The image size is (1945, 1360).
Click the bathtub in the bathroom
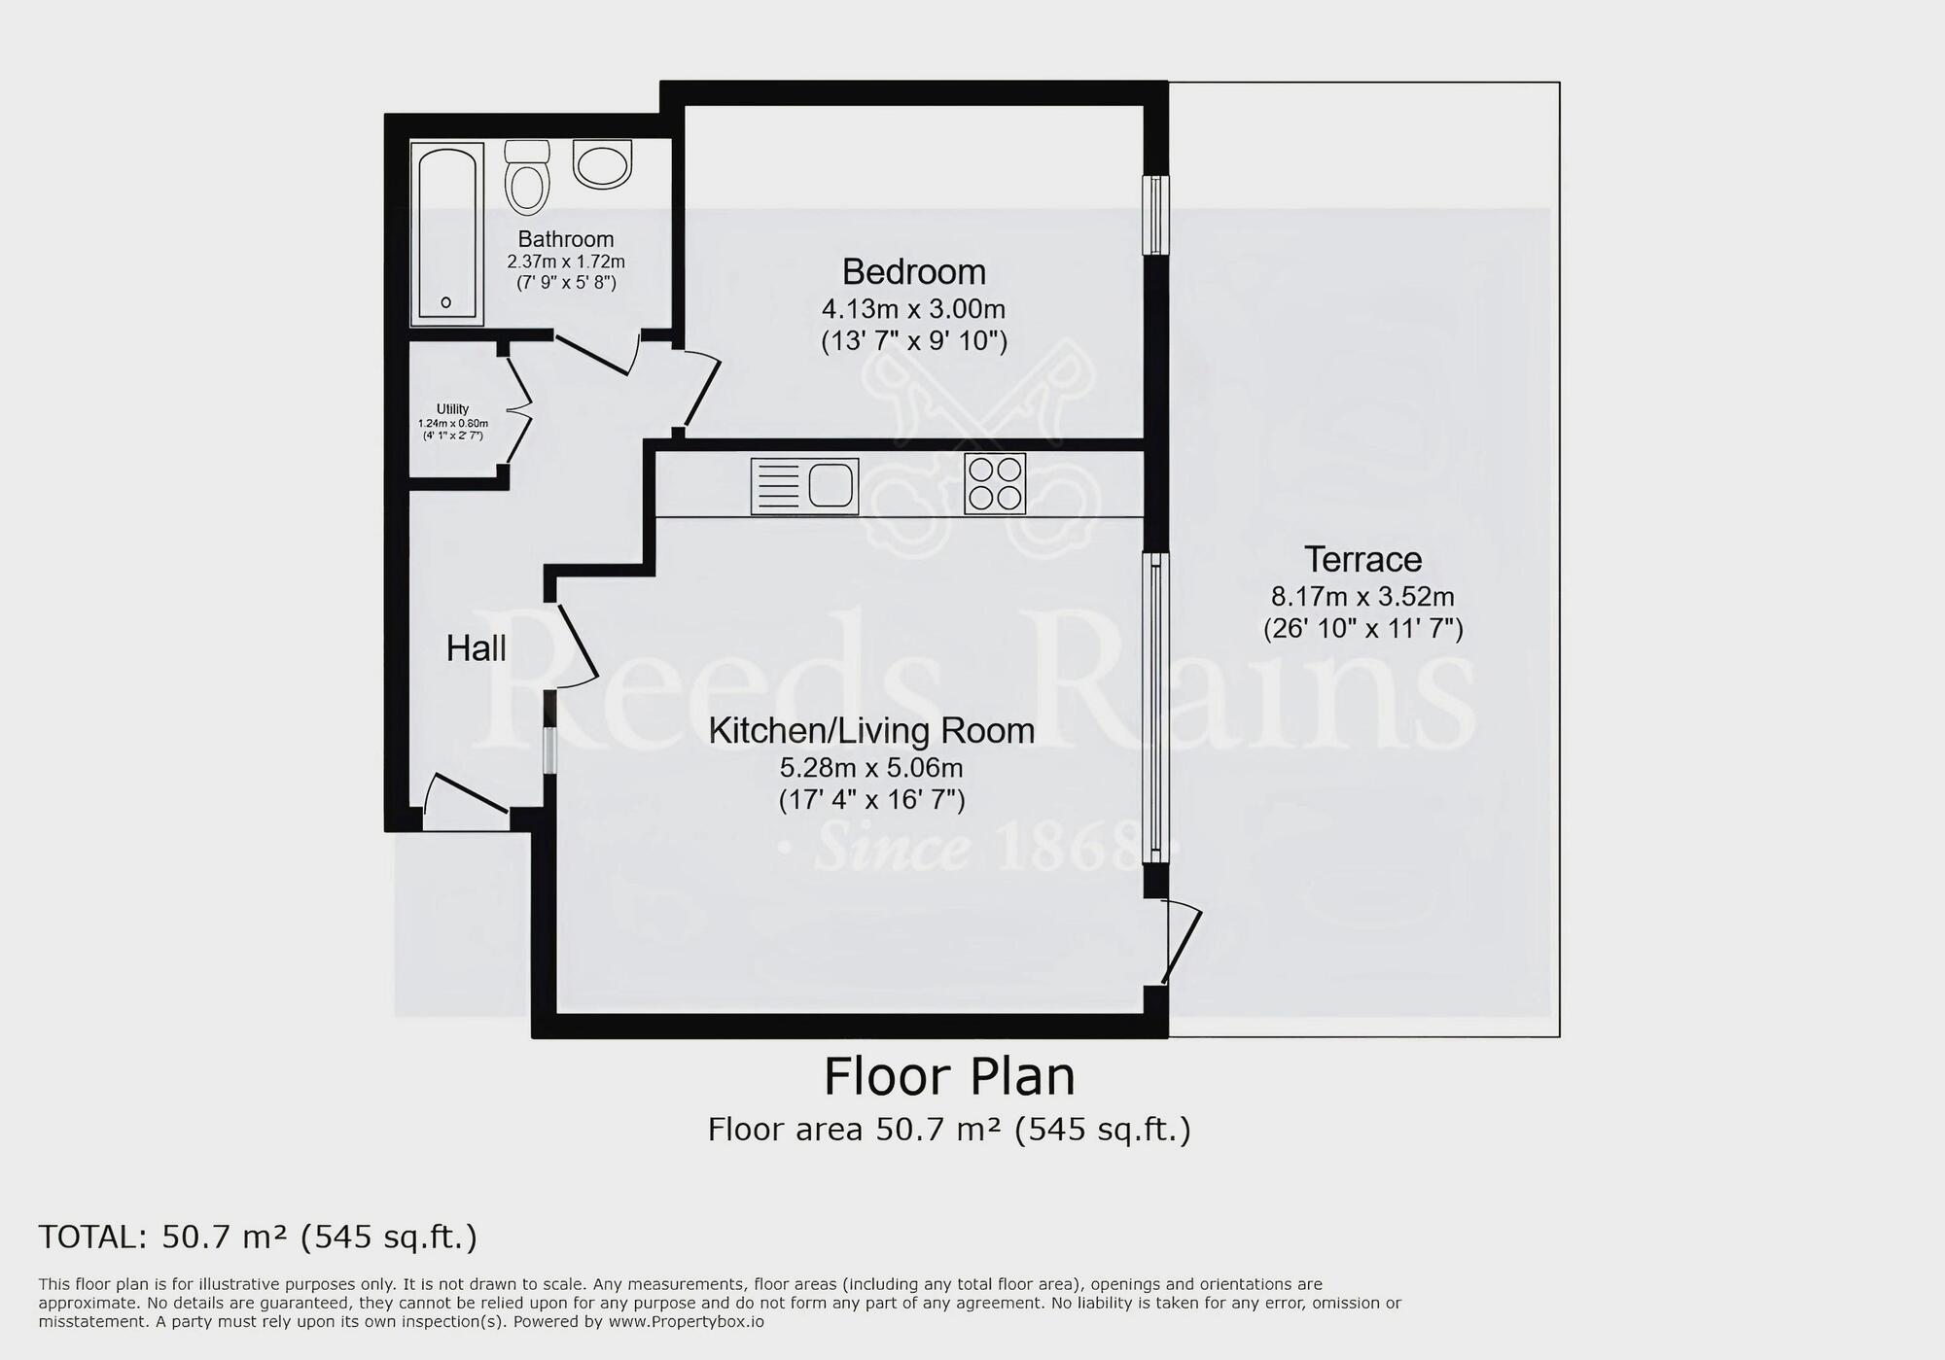point(447,233)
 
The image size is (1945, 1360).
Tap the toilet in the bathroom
point(528,178)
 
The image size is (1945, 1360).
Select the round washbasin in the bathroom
point(603,164)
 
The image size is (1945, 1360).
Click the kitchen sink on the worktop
point(805,486)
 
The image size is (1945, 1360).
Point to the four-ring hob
point(995,483)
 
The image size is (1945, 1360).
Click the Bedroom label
point(914,271)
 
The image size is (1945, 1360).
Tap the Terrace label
point(1362,560)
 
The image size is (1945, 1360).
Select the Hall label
point(477,648)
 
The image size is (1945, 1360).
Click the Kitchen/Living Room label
point(871,731)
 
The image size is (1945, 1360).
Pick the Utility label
point(453,409)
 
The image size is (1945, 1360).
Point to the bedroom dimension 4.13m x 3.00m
point(914,310)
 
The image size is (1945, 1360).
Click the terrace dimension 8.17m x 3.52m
point(1362,597)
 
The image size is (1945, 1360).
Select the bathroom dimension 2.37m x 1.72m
point(566,262)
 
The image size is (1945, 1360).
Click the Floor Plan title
point(949,1076)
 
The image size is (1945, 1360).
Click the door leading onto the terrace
point(1181,941)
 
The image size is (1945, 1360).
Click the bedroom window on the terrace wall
point(1155,215)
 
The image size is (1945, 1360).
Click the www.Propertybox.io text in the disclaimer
point(687,1322)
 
